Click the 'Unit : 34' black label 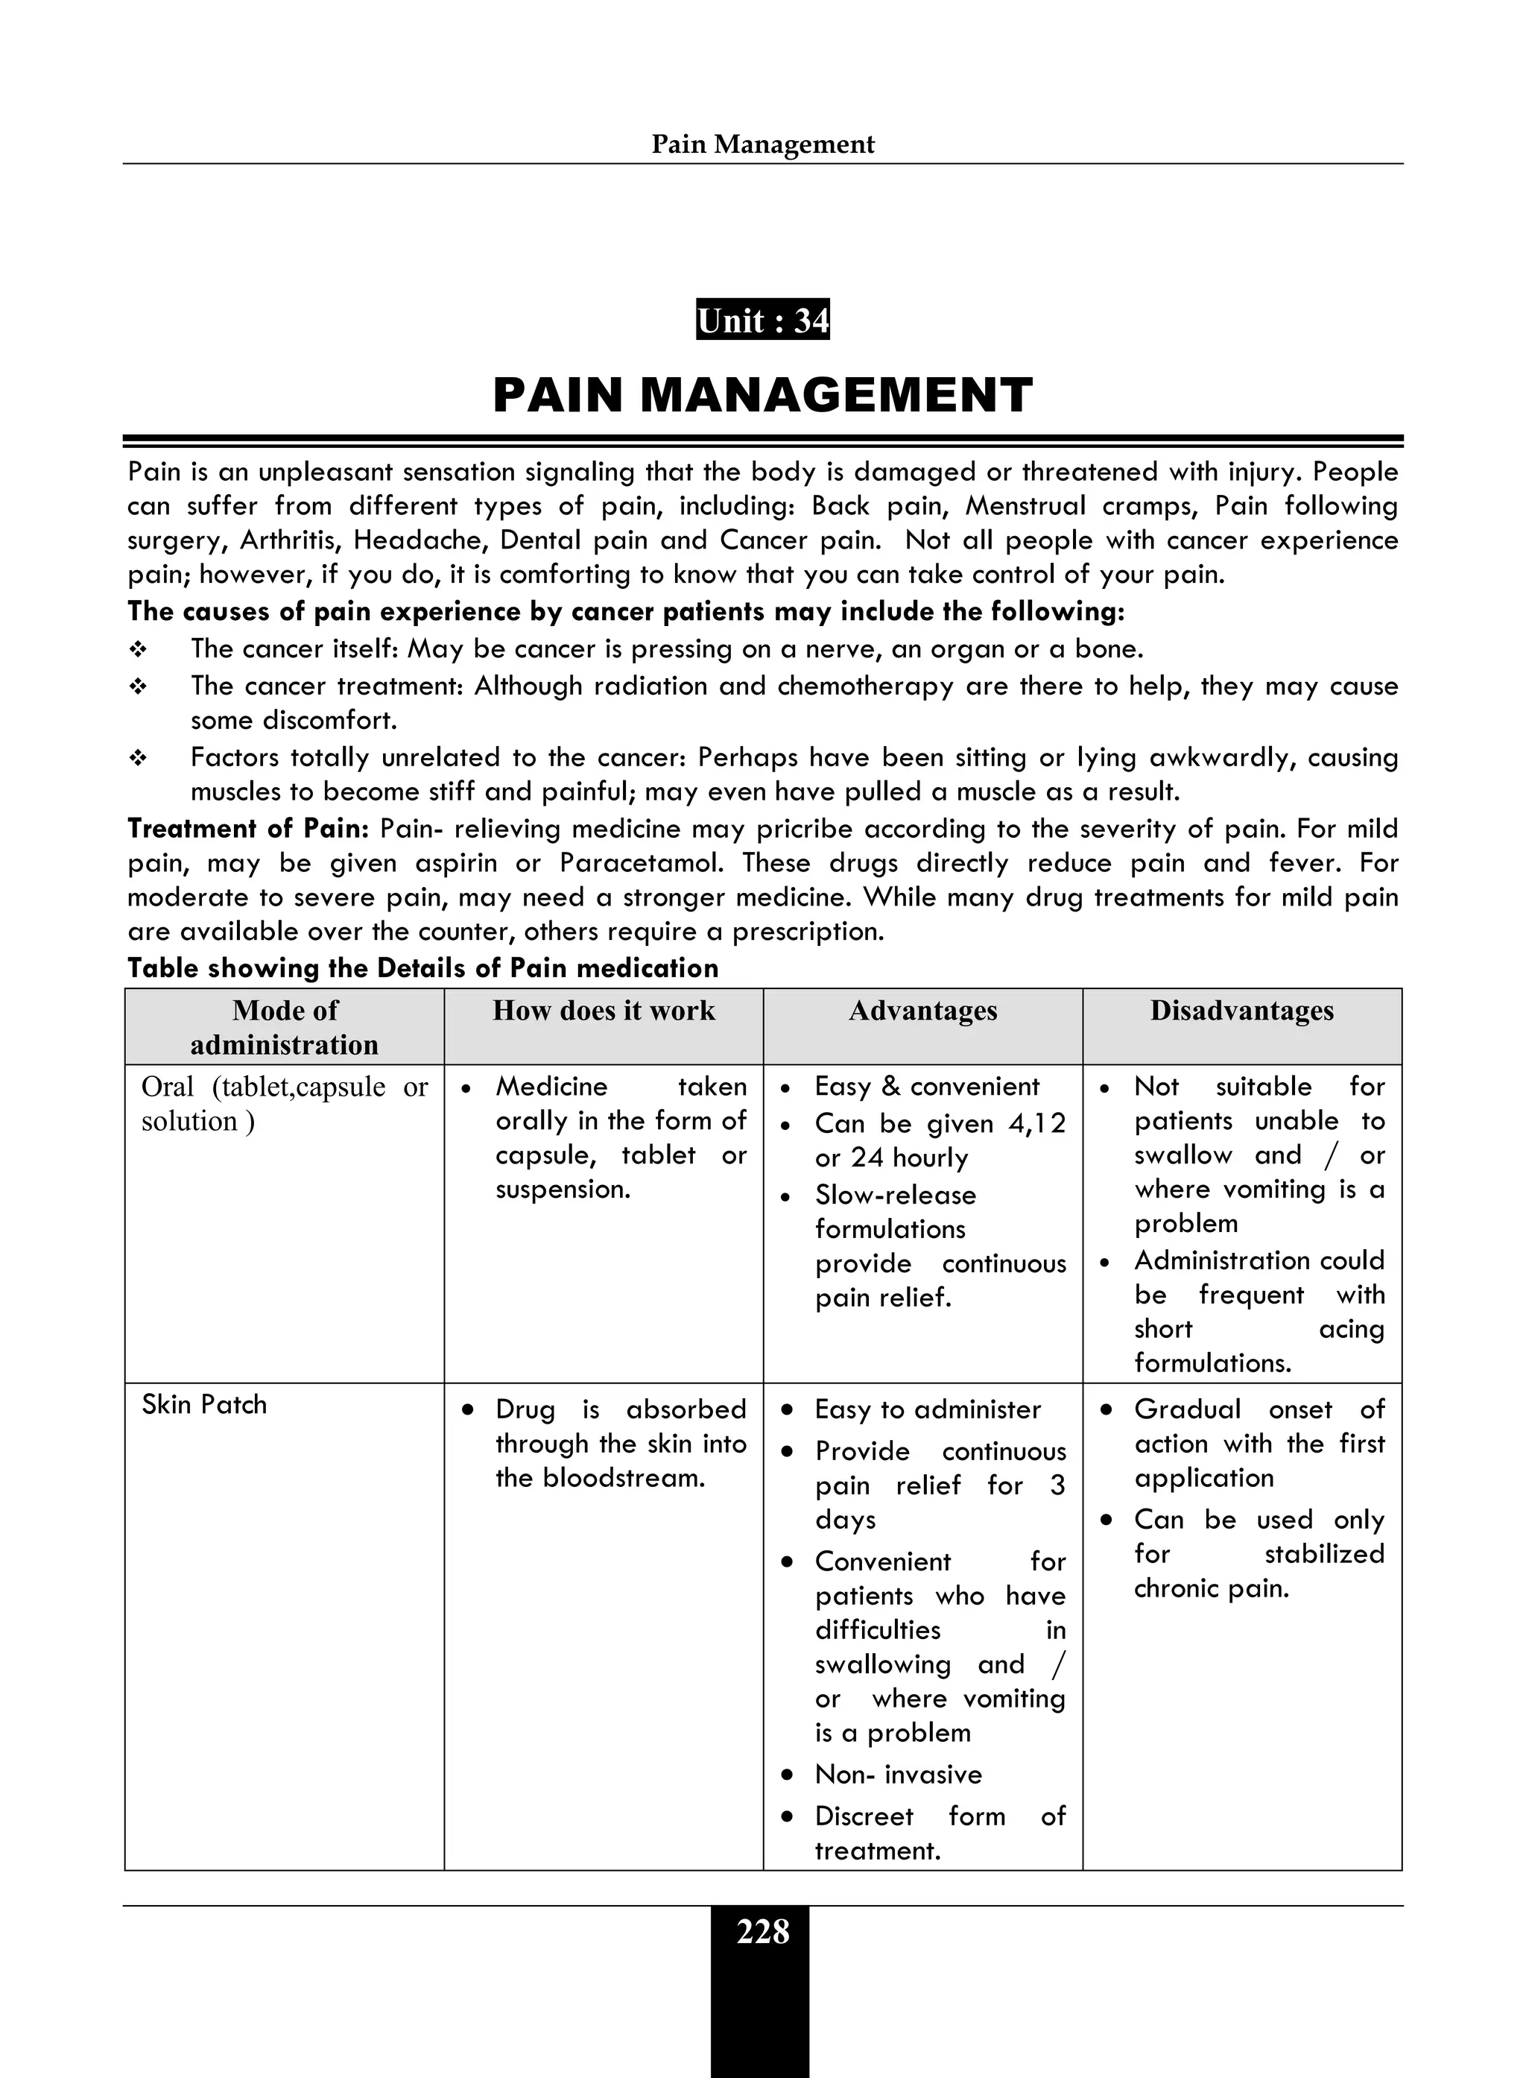[x=762, y=320]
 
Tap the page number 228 [x=762, y=1932]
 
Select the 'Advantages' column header [x=922, y=1011]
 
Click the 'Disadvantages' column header [x=1241, y=1011]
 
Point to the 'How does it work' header [x=604, y=1011]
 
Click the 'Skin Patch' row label [x=204, y=1406]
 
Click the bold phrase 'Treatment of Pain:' [x=247, y=829]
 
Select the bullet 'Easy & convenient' [x=926, y=1087]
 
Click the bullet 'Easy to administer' [x=928, y=1410]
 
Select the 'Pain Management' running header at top [x=762, y=144]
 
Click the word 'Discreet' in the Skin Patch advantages [x=864, y=1816]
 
